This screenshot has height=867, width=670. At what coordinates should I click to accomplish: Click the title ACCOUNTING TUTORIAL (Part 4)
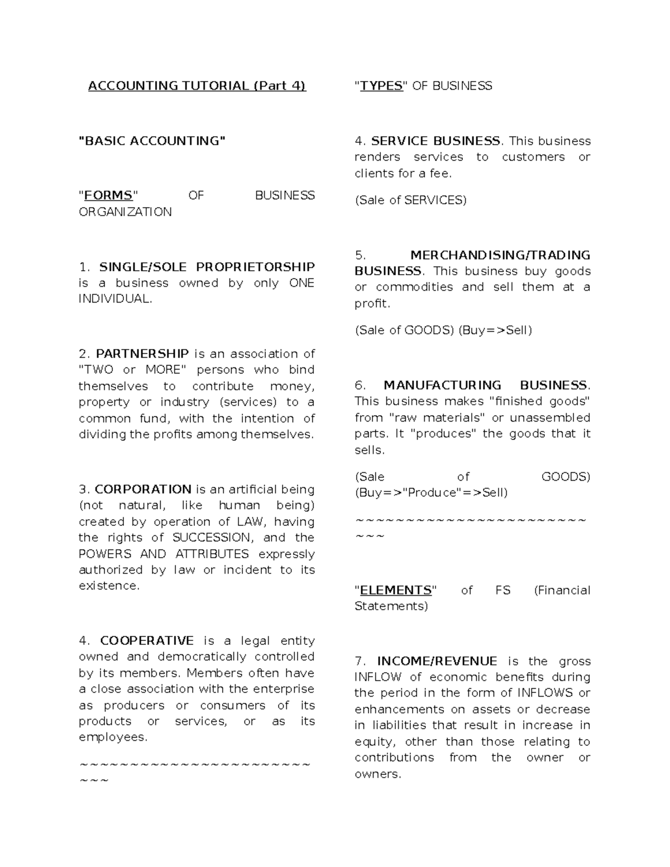(x=197, y=86)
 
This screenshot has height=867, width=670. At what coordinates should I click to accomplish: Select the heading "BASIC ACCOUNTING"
(x=152, y=141)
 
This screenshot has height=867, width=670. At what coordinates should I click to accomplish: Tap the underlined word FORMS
(x=108, y=195)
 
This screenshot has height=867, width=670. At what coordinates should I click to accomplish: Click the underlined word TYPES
(x=381, y=86)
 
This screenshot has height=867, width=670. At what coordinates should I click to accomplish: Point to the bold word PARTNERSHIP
(x=142, y=354)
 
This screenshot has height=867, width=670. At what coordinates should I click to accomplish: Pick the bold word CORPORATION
(x=143, y=490)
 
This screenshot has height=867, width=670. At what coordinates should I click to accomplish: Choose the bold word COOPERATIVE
(x=147, y=641)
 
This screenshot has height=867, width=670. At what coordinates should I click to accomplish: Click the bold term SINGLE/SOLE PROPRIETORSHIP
(x=207, y=267)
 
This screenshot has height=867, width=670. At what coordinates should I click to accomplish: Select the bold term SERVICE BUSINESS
(x=435, y=141)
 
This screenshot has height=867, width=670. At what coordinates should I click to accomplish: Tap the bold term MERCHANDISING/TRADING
(x=500, y=255)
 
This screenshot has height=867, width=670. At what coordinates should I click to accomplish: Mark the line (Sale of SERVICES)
(x=410, y=200)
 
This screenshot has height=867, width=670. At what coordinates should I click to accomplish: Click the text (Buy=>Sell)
(x=495, y=330)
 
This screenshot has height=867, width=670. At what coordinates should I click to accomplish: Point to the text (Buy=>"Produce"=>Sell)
(x=431, y=493)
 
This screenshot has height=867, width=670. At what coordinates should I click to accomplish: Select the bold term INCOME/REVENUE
(x=437, y=662)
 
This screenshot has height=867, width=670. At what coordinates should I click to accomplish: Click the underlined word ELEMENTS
(x=396, y=591)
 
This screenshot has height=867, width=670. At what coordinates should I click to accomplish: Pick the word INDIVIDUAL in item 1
(x=114, y=299)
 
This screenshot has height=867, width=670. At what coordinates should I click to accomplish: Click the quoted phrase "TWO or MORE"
(x=131, y=370)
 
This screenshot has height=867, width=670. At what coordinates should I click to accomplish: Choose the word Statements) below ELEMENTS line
(x=391, y=606)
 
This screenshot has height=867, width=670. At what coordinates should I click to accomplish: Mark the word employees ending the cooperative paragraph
(x=112, y=737)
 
